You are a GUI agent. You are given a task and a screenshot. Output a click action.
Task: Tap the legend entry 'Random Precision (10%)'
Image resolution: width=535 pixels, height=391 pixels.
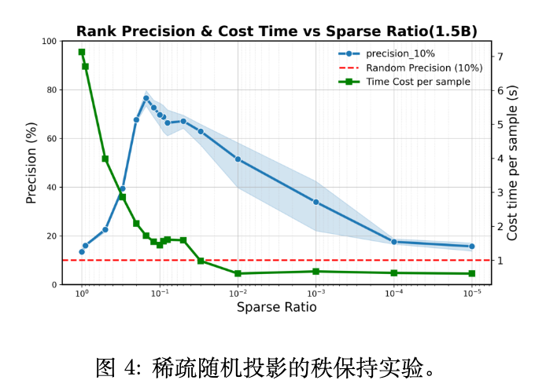coord(424,68)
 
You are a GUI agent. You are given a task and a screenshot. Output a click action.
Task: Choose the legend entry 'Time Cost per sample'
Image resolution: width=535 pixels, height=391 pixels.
coord(418,82)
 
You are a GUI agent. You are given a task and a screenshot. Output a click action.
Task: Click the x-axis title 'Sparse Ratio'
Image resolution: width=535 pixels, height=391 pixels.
coord(276,308)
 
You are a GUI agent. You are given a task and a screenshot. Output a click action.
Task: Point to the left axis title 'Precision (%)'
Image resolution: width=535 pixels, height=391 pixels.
coord(31,163)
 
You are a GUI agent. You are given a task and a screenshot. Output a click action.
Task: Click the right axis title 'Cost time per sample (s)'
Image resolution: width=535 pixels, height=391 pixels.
coord(512,163)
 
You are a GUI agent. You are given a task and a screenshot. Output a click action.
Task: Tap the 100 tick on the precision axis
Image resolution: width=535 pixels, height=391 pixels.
coord(49,41)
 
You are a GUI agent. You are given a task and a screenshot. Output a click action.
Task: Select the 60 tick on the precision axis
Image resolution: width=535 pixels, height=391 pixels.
coord(51,138)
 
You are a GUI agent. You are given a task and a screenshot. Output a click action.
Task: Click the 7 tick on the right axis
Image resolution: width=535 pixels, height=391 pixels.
coord(496,57)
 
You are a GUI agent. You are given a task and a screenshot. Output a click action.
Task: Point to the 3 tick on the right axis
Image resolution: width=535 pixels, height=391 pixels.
coord(496,192)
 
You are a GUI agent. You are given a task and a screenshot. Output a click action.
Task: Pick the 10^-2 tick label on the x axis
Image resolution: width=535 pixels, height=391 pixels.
coord(238,294)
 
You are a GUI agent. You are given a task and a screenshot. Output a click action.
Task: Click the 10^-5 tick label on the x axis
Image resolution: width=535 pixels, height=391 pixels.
coord(472,294)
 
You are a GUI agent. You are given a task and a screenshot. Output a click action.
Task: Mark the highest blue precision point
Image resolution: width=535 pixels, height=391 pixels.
coord(146,98)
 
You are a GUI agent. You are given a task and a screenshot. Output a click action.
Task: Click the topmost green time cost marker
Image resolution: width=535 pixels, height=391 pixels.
coord(81,52)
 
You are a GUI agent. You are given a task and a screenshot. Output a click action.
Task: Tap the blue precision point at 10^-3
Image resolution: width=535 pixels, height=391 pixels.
coord(315,202)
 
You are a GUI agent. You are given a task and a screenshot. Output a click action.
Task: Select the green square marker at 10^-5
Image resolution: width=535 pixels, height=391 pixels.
coord(472,273)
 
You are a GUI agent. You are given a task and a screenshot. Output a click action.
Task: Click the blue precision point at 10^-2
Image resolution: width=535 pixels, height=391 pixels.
coord(238,159)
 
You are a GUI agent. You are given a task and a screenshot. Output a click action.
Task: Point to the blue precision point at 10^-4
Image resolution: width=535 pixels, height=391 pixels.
coord(393,242)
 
